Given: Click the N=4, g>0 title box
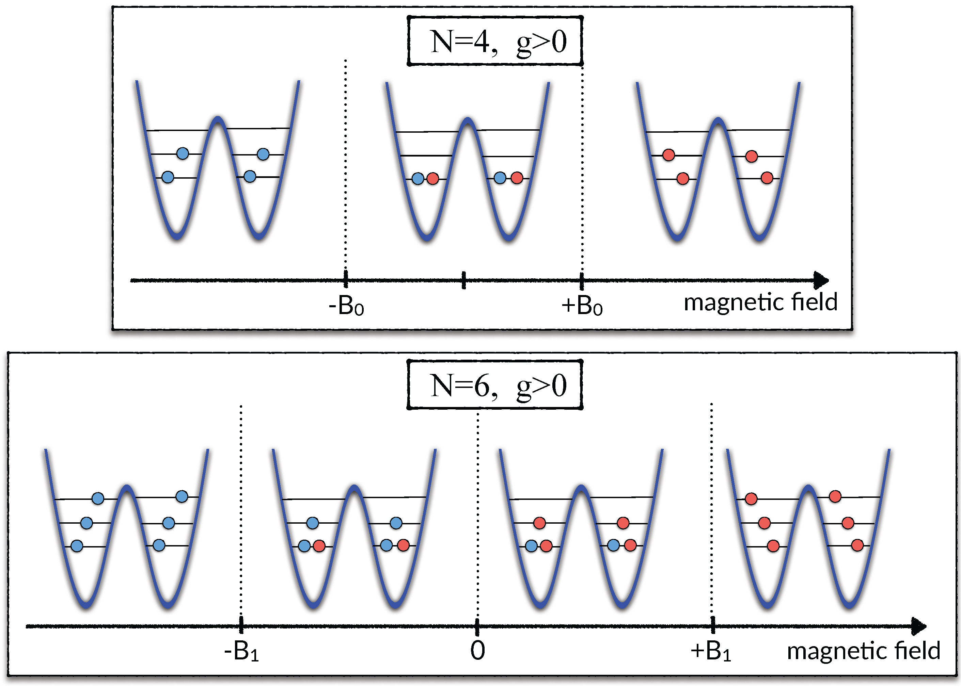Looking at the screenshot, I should [494, 41].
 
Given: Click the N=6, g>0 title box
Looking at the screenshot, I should [494, 385].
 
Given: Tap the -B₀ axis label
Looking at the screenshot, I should [346, 306].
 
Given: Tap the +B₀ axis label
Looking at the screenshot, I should [582, 306].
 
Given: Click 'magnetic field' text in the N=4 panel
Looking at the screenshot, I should [760, 302].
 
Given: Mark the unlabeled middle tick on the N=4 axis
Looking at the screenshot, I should [463, 280].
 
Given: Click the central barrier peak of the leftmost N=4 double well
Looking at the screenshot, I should [218, 119].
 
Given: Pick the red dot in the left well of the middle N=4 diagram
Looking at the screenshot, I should [432, 179].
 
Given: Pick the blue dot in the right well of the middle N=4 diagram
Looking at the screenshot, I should [500, 178].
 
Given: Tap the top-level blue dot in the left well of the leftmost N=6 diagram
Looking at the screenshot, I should [98, 498].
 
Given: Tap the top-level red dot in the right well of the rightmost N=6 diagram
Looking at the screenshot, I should [835, 496].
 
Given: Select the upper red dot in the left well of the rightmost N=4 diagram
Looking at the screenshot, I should [668, 155].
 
